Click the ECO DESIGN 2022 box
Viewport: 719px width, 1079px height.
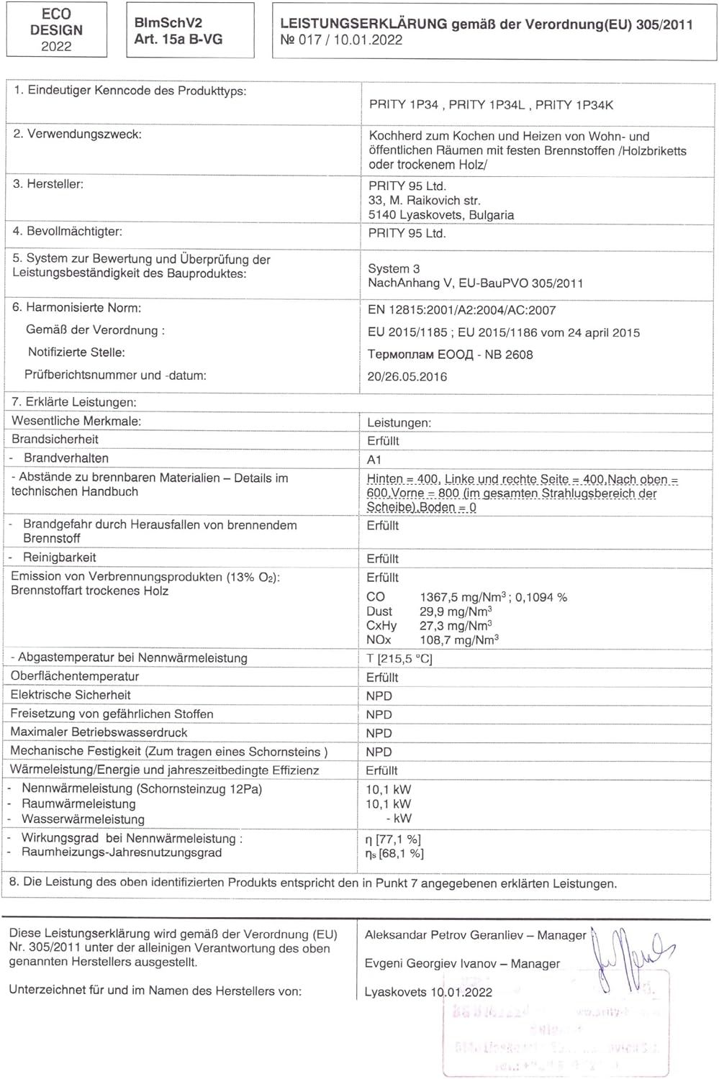pyautogui.click(x=56, y=29)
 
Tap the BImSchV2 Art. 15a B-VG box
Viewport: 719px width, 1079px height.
pyautogui.click(x=189, y=30)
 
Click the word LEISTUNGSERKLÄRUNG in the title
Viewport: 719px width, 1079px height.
pyautogui.click(x=363, y=24)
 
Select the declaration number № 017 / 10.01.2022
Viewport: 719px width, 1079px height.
pyautogui.click(x=341, y=40)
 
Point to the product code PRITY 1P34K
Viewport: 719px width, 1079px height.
pyautogui.click(x=574, y=105)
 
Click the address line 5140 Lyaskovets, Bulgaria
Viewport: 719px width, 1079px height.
pyautogui.click(x=440, y=215)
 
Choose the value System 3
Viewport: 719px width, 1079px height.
pyautogui.click(x=394, y=268)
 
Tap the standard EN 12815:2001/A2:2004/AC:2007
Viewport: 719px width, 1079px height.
pyautogui.click(x=461, y=310)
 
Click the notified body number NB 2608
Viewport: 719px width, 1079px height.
pyautogui.click(x=509, y=354)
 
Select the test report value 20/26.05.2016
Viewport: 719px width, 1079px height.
pyautogui.click(x=407, y=376)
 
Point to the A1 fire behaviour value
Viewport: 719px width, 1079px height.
pyautogui.click(x=374, y=460)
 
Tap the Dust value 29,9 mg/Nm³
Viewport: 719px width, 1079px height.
pyautogui.click(x=456, y=611)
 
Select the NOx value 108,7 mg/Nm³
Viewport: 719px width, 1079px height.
pyautogui.click(x=458, y=639)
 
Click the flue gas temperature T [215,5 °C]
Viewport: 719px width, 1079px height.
pyautogui.click(x=399, y=658)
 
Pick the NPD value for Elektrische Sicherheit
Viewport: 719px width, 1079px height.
pyautogui.click(x=379, y=696)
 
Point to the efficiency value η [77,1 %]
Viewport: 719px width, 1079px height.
pyautogui.click(x=393, y=839)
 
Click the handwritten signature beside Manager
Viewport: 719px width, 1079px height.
pyautogui.click(x=630, y=956)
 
